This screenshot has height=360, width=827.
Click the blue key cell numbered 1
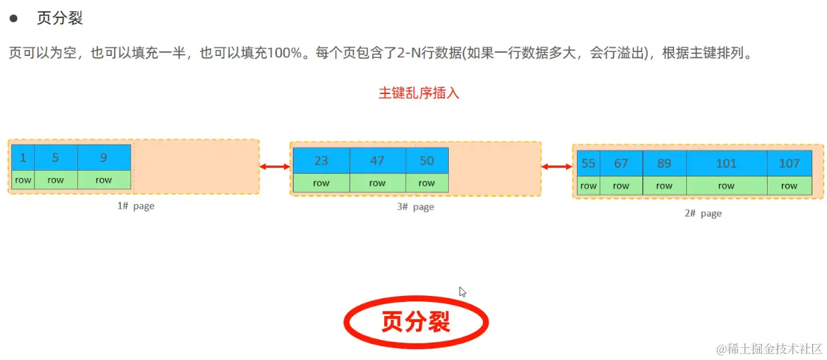click(23, 158)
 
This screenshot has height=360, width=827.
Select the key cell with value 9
click(103, 158)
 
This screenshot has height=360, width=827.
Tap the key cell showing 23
click(321, 161)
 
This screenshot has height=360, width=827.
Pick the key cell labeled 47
click(377, 161)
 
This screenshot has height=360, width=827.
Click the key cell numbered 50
click(427, 161)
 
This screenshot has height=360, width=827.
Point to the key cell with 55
click(588, 164)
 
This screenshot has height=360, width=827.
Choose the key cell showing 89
click(664, 164)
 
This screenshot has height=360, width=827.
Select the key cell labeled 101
click(726, 164)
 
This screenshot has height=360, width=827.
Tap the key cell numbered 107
click(789, 164)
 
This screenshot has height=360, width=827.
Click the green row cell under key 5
click(55, 180)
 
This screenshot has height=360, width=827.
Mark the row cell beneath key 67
click(621, 186)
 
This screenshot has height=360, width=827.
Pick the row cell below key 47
click(377, 183)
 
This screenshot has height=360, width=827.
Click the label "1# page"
click(135, 206)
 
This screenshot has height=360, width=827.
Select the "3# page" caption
click(415, 207)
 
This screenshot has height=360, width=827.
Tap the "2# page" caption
click(703, 213)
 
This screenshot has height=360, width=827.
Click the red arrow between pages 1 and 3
click(275, 167)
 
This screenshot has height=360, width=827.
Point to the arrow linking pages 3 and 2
click(557, 167)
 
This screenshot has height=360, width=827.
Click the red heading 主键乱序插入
click(419, 93)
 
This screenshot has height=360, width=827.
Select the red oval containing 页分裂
click(416, 322)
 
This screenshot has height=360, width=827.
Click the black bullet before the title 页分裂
click(13, 19)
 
